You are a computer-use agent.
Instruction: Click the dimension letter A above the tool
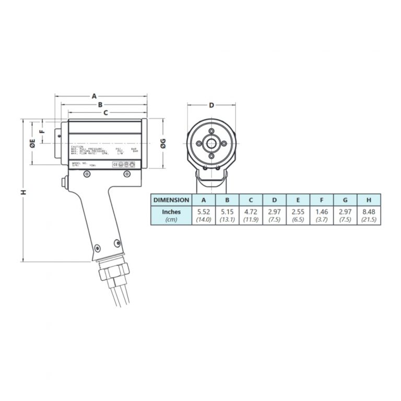coord(95,96)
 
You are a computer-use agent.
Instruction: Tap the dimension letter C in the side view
coord(105,113)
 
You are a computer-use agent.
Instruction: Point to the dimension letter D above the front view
coord(211,105)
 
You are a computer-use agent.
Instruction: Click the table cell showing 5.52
coord(204,213)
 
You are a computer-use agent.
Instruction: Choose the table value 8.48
coord(369,213)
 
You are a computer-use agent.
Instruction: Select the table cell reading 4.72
coord(251,213)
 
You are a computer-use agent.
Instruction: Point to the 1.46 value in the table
coord(321,213)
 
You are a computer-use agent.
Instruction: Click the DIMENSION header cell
coord(171,200)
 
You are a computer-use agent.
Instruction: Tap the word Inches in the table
coord(171,212)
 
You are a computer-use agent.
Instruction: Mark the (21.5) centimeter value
coord(369,220)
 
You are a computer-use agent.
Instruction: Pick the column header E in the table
coord(298,200)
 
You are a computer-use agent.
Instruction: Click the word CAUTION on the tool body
coord(77,146)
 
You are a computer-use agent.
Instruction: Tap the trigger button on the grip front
coord(64,183)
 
